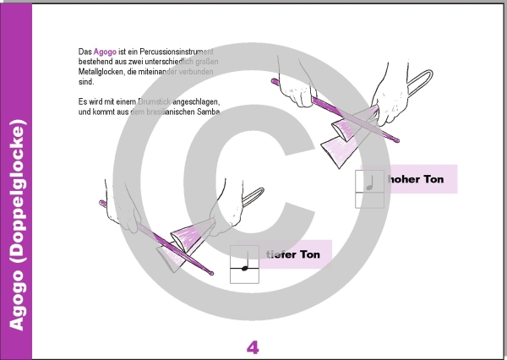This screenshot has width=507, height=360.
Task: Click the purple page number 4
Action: coord(253,346)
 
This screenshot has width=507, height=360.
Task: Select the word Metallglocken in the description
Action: coord(90,72)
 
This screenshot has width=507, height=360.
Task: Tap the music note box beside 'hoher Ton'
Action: coord(370,188)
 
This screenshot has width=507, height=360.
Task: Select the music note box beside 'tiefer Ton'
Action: coord(244,264)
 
